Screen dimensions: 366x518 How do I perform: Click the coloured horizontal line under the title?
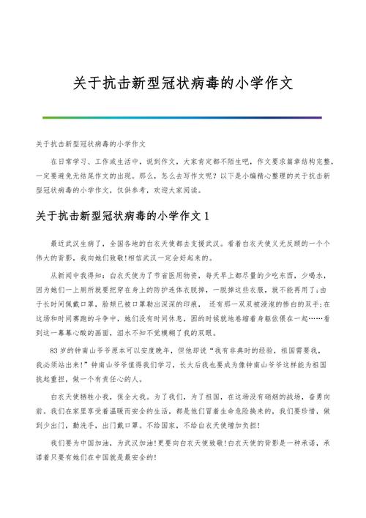coord(182,117)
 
